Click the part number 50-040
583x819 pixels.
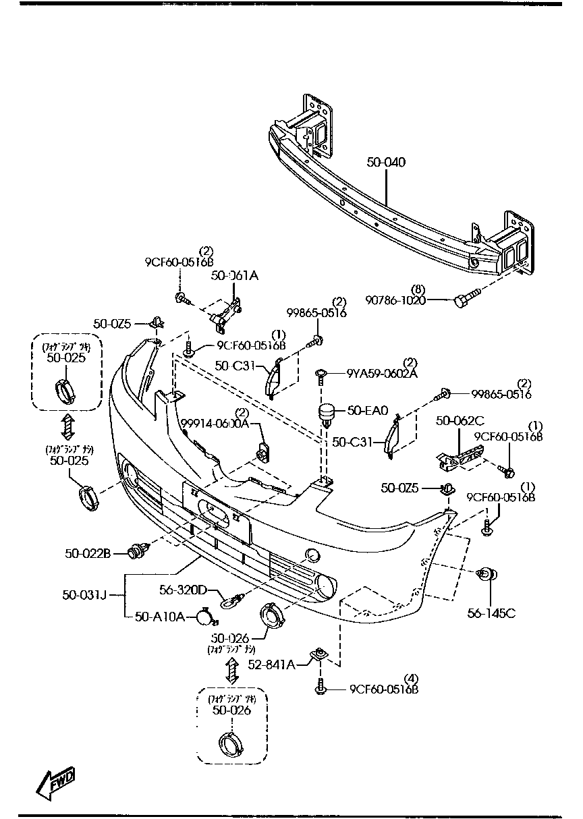coord(387,163)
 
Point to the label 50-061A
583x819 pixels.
coord(235,275)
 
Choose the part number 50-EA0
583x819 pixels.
coord(368,409)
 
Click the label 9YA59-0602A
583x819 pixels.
coord(382,373)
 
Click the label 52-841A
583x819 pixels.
coord(271,665)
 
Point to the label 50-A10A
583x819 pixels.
coord(159,616)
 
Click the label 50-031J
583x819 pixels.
coord(84,594)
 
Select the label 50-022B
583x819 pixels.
coord(88,553)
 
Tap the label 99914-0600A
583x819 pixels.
coord(215,423)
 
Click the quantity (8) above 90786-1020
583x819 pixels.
coord(418,289)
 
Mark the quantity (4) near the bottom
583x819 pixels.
coord(411,678)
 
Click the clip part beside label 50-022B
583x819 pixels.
coord(138,551)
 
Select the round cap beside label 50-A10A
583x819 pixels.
coord(204,616)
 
